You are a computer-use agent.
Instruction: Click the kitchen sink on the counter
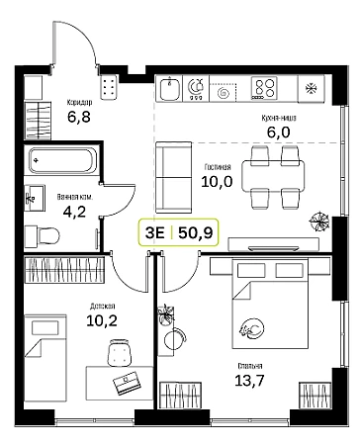pyautogui.click(x=170, y=88)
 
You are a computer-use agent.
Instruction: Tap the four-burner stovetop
pyautogui.click(x=264, y=88)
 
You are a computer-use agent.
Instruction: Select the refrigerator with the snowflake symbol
pyautogui.click(x=312, y=88)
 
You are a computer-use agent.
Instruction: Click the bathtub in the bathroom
pyautogui.click(x=63, y=160)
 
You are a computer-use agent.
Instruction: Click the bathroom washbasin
pyautogui.click(x=35, y=198)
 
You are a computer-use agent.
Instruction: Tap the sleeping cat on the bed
pyautogui.click(x=252, y=328)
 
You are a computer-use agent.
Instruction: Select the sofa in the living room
pyautogui.click(x=174, y=177)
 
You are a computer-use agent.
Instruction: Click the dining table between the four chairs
pyautogui.click(x=273, y=176)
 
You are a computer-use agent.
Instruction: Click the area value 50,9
pyautogui.click(x=196, y=232)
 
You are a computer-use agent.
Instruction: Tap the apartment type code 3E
pyautogui.click(x=154, y=232)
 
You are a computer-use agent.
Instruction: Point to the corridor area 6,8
pyautogui.click(x=79, y=117)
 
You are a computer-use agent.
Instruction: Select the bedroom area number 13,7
pyautogui.click(x=249, y=381)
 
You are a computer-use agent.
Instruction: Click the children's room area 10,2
pyautogui.click(x=102, y=320)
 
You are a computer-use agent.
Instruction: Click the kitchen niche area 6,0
pyautogui.click(x=278, y=133)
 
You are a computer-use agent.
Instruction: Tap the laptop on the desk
pyautogui.click(x=127, y=383)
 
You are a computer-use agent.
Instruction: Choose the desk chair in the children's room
pyautogui.click(x=120, y=353)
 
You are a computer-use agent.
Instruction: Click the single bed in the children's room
pyautogui.click(x=45, y=357)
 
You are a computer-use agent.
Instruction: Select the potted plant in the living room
pyautogui.click(x=319, y=222)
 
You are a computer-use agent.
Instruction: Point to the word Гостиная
pyautogui.click(x=218, y=167)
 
